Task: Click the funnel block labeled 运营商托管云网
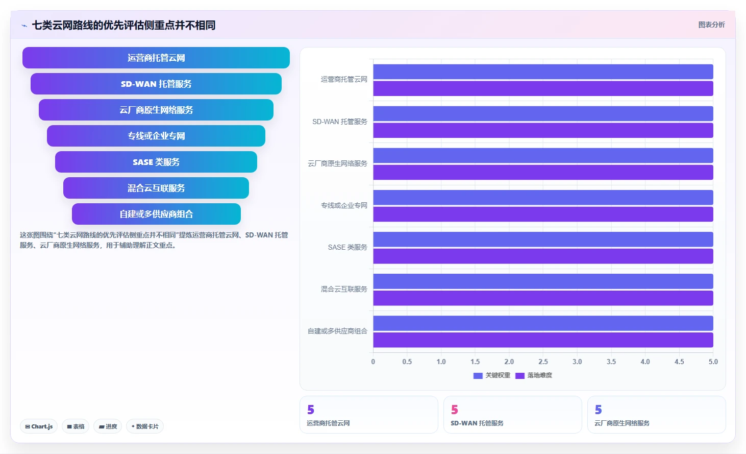156,58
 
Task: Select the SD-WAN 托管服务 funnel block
156,84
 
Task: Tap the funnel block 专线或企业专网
156,136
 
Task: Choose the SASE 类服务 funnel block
156,162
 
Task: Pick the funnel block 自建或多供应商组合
156,214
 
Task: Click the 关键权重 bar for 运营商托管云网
543,71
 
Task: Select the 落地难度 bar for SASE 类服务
543,256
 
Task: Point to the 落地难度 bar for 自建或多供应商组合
543,340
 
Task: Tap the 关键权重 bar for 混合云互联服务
543,281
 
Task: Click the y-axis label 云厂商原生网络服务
337,163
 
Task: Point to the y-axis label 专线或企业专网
344,205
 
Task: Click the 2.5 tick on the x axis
543,362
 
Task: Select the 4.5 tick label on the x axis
679,362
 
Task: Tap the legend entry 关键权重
492,375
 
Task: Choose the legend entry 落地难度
534,375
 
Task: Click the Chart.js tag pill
39,426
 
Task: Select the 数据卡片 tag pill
145,426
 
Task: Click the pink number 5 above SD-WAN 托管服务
455,410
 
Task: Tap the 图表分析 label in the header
711,25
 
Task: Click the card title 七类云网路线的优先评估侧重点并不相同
123,26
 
